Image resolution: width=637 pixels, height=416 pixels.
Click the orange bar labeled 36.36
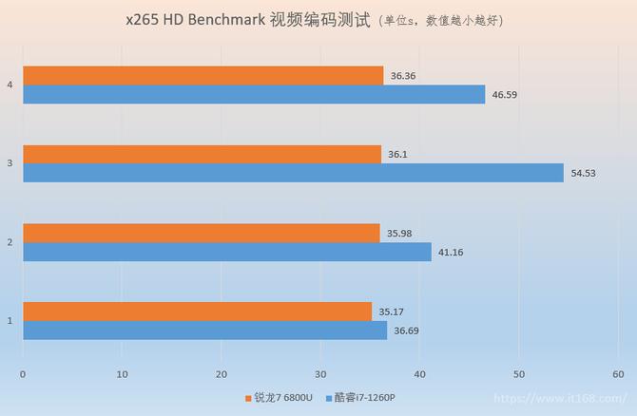point(203,75)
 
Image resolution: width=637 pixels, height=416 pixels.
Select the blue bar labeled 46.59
point(254,94)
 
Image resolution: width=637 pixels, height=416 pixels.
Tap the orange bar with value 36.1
point(202,154)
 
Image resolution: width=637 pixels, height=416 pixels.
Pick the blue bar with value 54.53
point(293,173)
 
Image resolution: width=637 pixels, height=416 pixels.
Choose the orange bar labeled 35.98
point(201,233)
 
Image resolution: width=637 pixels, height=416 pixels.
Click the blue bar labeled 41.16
point(226,252)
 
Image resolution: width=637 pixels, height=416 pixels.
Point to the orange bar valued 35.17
point(197,311)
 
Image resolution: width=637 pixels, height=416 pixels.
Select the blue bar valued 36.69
point(204,330)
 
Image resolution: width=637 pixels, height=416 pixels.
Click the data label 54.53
point(584,173)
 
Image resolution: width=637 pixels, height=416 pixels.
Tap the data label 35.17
point(391,311)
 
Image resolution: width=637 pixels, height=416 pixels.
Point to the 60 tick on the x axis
point(618,373)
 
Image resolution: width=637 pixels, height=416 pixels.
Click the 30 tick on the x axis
point(320,373)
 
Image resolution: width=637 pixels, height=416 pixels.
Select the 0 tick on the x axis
point(23,373)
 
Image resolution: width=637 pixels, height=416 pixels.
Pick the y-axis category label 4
point(10,85)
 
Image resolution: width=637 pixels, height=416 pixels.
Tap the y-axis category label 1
point(10,320)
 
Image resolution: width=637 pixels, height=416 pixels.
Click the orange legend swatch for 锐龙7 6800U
point(247,397)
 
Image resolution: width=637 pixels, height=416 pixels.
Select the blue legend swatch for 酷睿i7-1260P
point(329,397)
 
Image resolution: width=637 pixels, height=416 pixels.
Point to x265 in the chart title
point(144,19)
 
